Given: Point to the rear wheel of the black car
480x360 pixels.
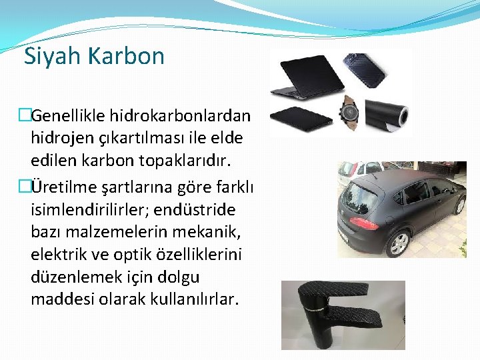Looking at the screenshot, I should point(399,243).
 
